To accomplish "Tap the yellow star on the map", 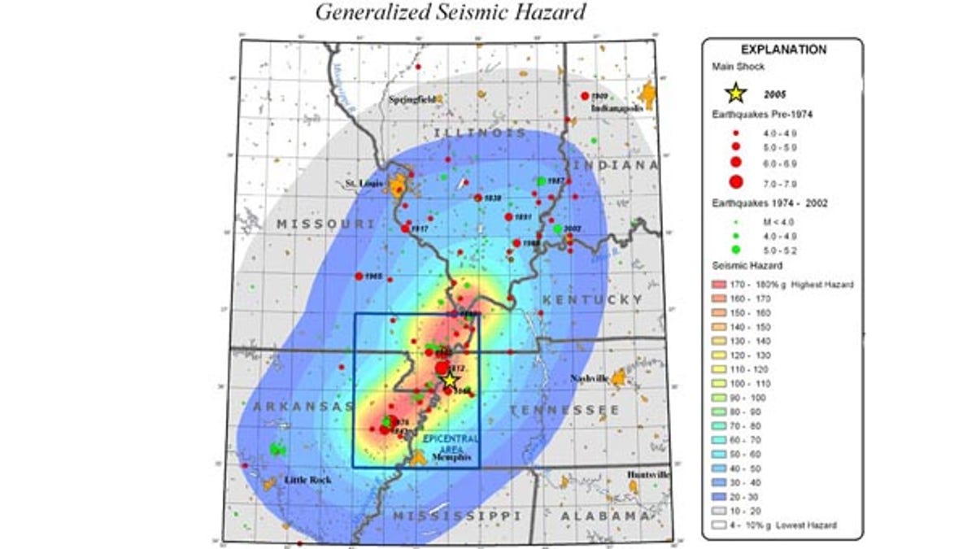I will click(451, 379).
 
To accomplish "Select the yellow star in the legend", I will click(735, 93).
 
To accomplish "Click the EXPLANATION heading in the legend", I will click(782, 50).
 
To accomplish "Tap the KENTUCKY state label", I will click(592, 300).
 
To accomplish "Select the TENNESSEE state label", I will click(564, 410).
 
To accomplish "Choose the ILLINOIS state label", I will click(479, 133).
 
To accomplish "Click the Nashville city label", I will click(589, 378).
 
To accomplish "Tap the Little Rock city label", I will click(308, 480).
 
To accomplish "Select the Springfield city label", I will click(412, 99).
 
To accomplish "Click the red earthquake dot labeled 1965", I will click(359, 277).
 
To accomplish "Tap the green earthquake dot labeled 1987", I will click(541, 181).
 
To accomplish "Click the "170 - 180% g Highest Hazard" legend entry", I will click(781, 285).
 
